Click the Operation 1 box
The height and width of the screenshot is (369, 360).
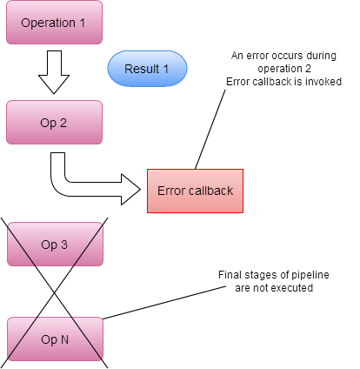coord(54,23)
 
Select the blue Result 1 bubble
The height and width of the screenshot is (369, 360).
coord(147,69)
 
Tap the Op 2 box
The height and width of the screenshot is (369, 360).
coord(54,123)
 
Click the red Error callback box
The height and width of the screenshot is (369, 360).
coord(195,191)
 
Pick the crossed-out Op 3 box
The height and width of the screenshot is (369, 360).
coord(55,245)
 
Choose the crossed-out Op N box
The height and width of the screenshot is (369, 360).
coord(55,339)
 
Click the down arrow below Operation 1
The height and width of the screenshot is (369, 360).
coord(54,72)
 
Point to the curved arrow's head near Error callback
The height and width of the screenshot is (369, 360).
coord(130,190)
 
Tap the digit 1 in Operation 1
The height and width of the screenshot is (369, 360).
coord(82,23)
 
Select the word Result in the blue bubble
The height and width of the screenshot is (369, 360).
coord(142,69)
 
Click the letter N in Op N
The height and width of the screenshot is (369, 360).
coord(64,339)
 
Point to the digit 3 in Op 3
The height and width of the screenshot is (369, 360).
coord(64,245)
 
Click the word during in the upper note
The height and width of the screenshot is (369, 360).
coord(322,56)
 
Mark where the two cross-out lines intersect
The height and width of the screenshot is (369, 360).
coord(55,292)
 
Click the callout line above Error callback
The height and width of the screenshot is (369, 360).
coord(210,130)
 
